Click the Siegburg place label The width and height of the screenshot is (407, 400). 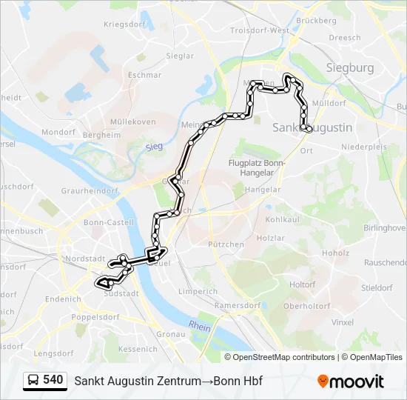(350, 68)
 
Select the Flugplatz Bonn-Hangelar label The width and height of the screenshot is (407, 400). (256, 167)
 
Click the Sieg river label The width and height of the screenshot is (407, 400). (154, 147)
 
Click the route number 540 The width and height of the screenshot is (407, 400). (53, 380)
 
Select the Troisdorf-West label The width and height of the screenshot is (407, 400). (260, 30)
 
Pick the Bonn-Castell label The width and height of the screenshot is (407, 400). (109, 222)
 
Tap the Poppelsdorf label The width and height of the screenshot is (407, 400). (95, 317)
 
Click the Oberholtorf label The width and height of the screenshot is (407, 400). (306, 305)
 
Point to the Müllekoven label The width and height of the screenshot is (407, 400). (132, 121)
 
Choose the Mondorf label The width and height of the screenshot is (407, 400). (58, 132)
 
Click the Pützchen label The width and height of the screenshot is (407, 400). (226, 244)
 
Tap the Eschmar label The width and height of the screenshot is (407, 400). (144, 75)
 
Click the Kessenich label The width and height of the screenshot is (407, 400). (138, 348)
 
